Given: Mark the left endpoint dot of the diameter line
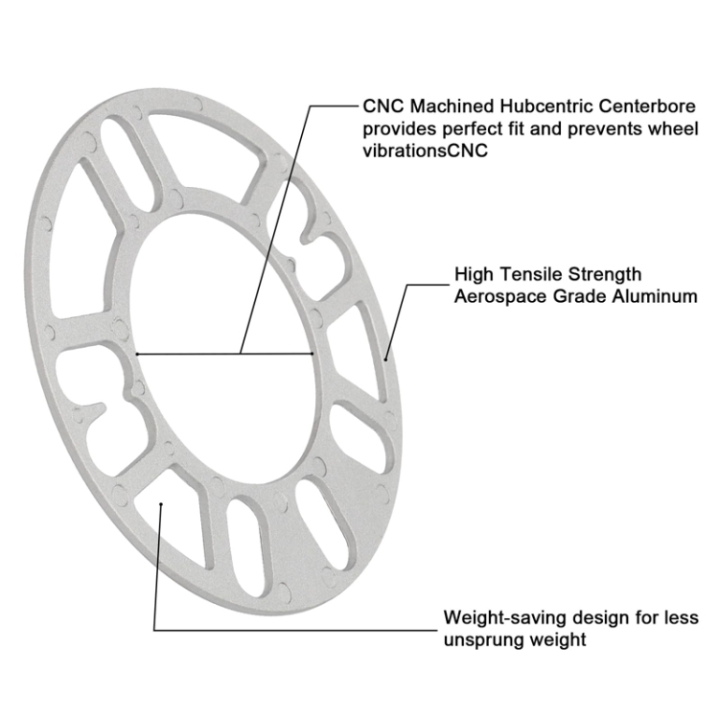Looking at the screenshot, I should [138, 355].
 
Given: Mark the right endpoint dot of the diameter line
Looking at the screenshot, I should [314, 355].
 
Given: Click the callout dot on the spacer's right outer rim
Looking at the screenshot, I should [386, 357].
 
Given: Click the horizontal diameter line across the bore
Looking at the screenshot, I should [226, 355].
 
